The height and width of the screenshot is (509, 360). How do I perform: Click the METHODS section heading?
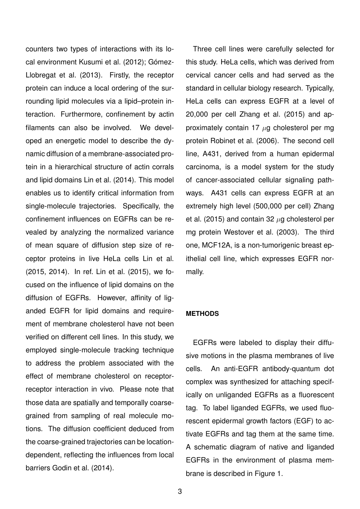[202, 314]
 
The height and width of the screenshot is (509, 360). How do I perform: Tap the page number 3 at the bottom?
[180, 492]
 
